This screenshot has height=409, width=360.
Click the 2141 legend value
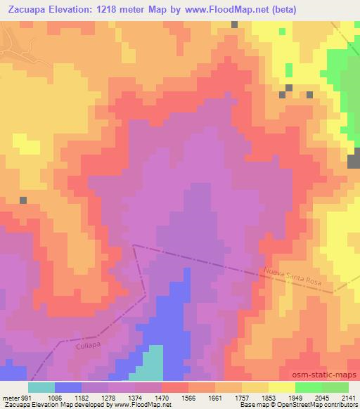(x=347, y=396)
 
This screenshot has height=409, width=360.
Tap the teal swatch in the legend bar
(x=41, y=387)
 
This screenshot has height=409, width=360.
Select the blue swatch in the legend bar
(x=68, y=387)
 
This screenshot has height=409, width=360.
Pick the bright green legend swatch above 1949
(x=309, y=387)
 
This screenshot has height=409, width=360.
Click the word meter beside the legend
(x=11, y=396)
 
